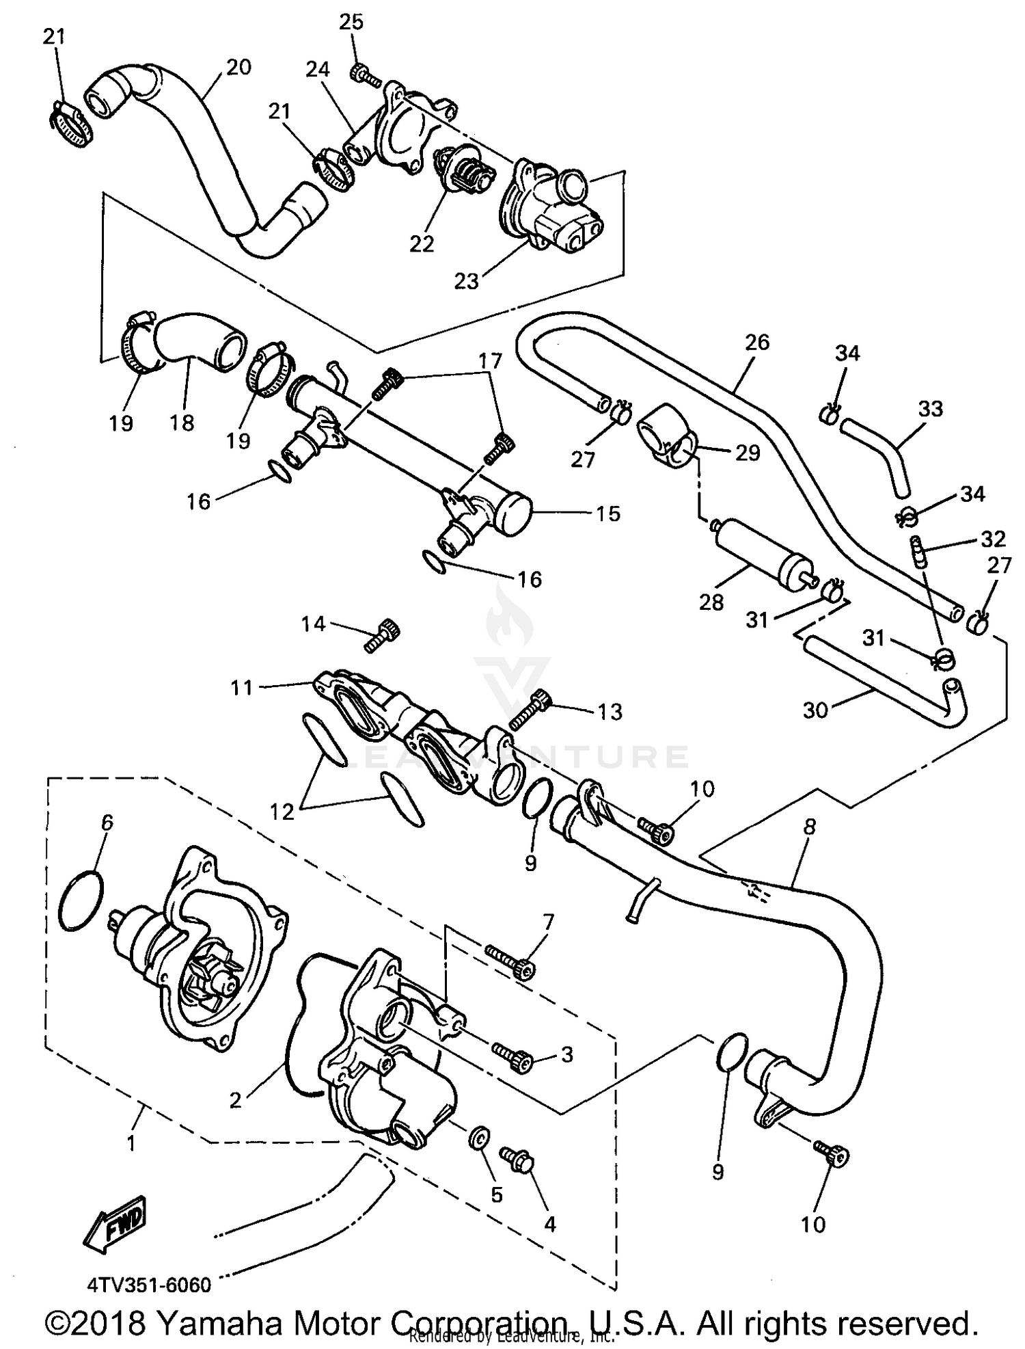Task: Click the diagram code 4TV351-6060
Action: tap(148, 1285)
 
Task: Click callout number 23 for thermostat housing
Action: tap(467, 280)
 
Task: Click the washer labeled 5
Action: tap(479, 1139)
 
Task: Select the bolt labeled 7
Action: tap(511, 959)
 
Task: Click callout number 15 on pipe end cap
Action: tap(608, 513)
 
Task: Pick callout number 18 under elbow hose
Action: tap(182, 423)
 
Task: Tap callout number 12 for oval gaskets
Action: tap(282, 811)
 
